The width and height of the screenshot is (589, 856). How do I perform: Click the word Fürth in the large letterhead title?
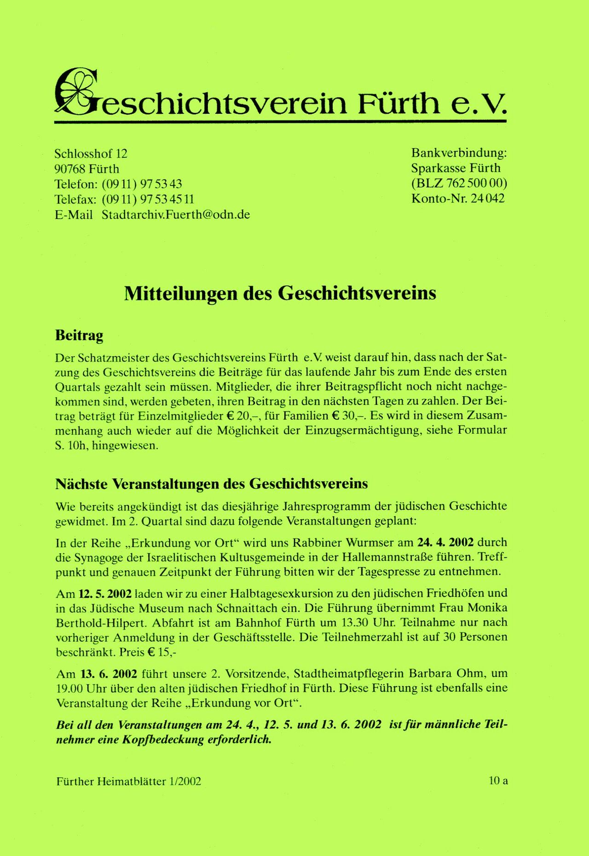pos(398,103)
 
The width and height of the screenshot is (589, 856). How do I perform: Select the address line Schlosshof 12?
pos(91,154)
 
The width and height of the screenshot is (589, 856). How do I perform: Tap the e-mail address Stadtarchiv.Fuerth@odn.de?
pos(176,215)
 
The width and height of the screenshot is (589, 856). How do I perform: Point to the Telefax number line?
pos(124,199)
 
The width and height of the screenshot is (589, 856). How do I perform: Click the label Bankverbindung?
pos(459,153)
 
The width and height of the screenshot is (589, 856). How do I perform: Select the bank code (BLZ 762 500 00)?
pos(459,183)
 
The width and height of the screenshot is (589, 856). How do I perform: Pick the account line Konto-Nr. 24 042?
pos(458,198)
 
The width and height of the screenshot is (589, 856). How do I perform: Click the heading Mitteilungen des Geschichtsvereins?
pos(280,293)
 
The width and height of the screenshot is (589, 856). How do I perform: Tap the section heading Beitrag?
pos(79,335)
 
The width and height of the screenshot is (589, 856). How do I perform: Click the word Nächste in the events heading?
pos(81,484)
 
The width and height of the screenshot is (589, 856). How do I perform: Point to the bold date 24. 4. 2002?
pos(445,542)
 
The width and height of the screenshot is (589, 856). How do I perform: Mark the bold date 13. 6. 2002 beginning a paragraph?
pos(109,674)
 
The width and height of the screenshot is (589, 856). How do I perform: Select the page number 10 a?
pos(498,781)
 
